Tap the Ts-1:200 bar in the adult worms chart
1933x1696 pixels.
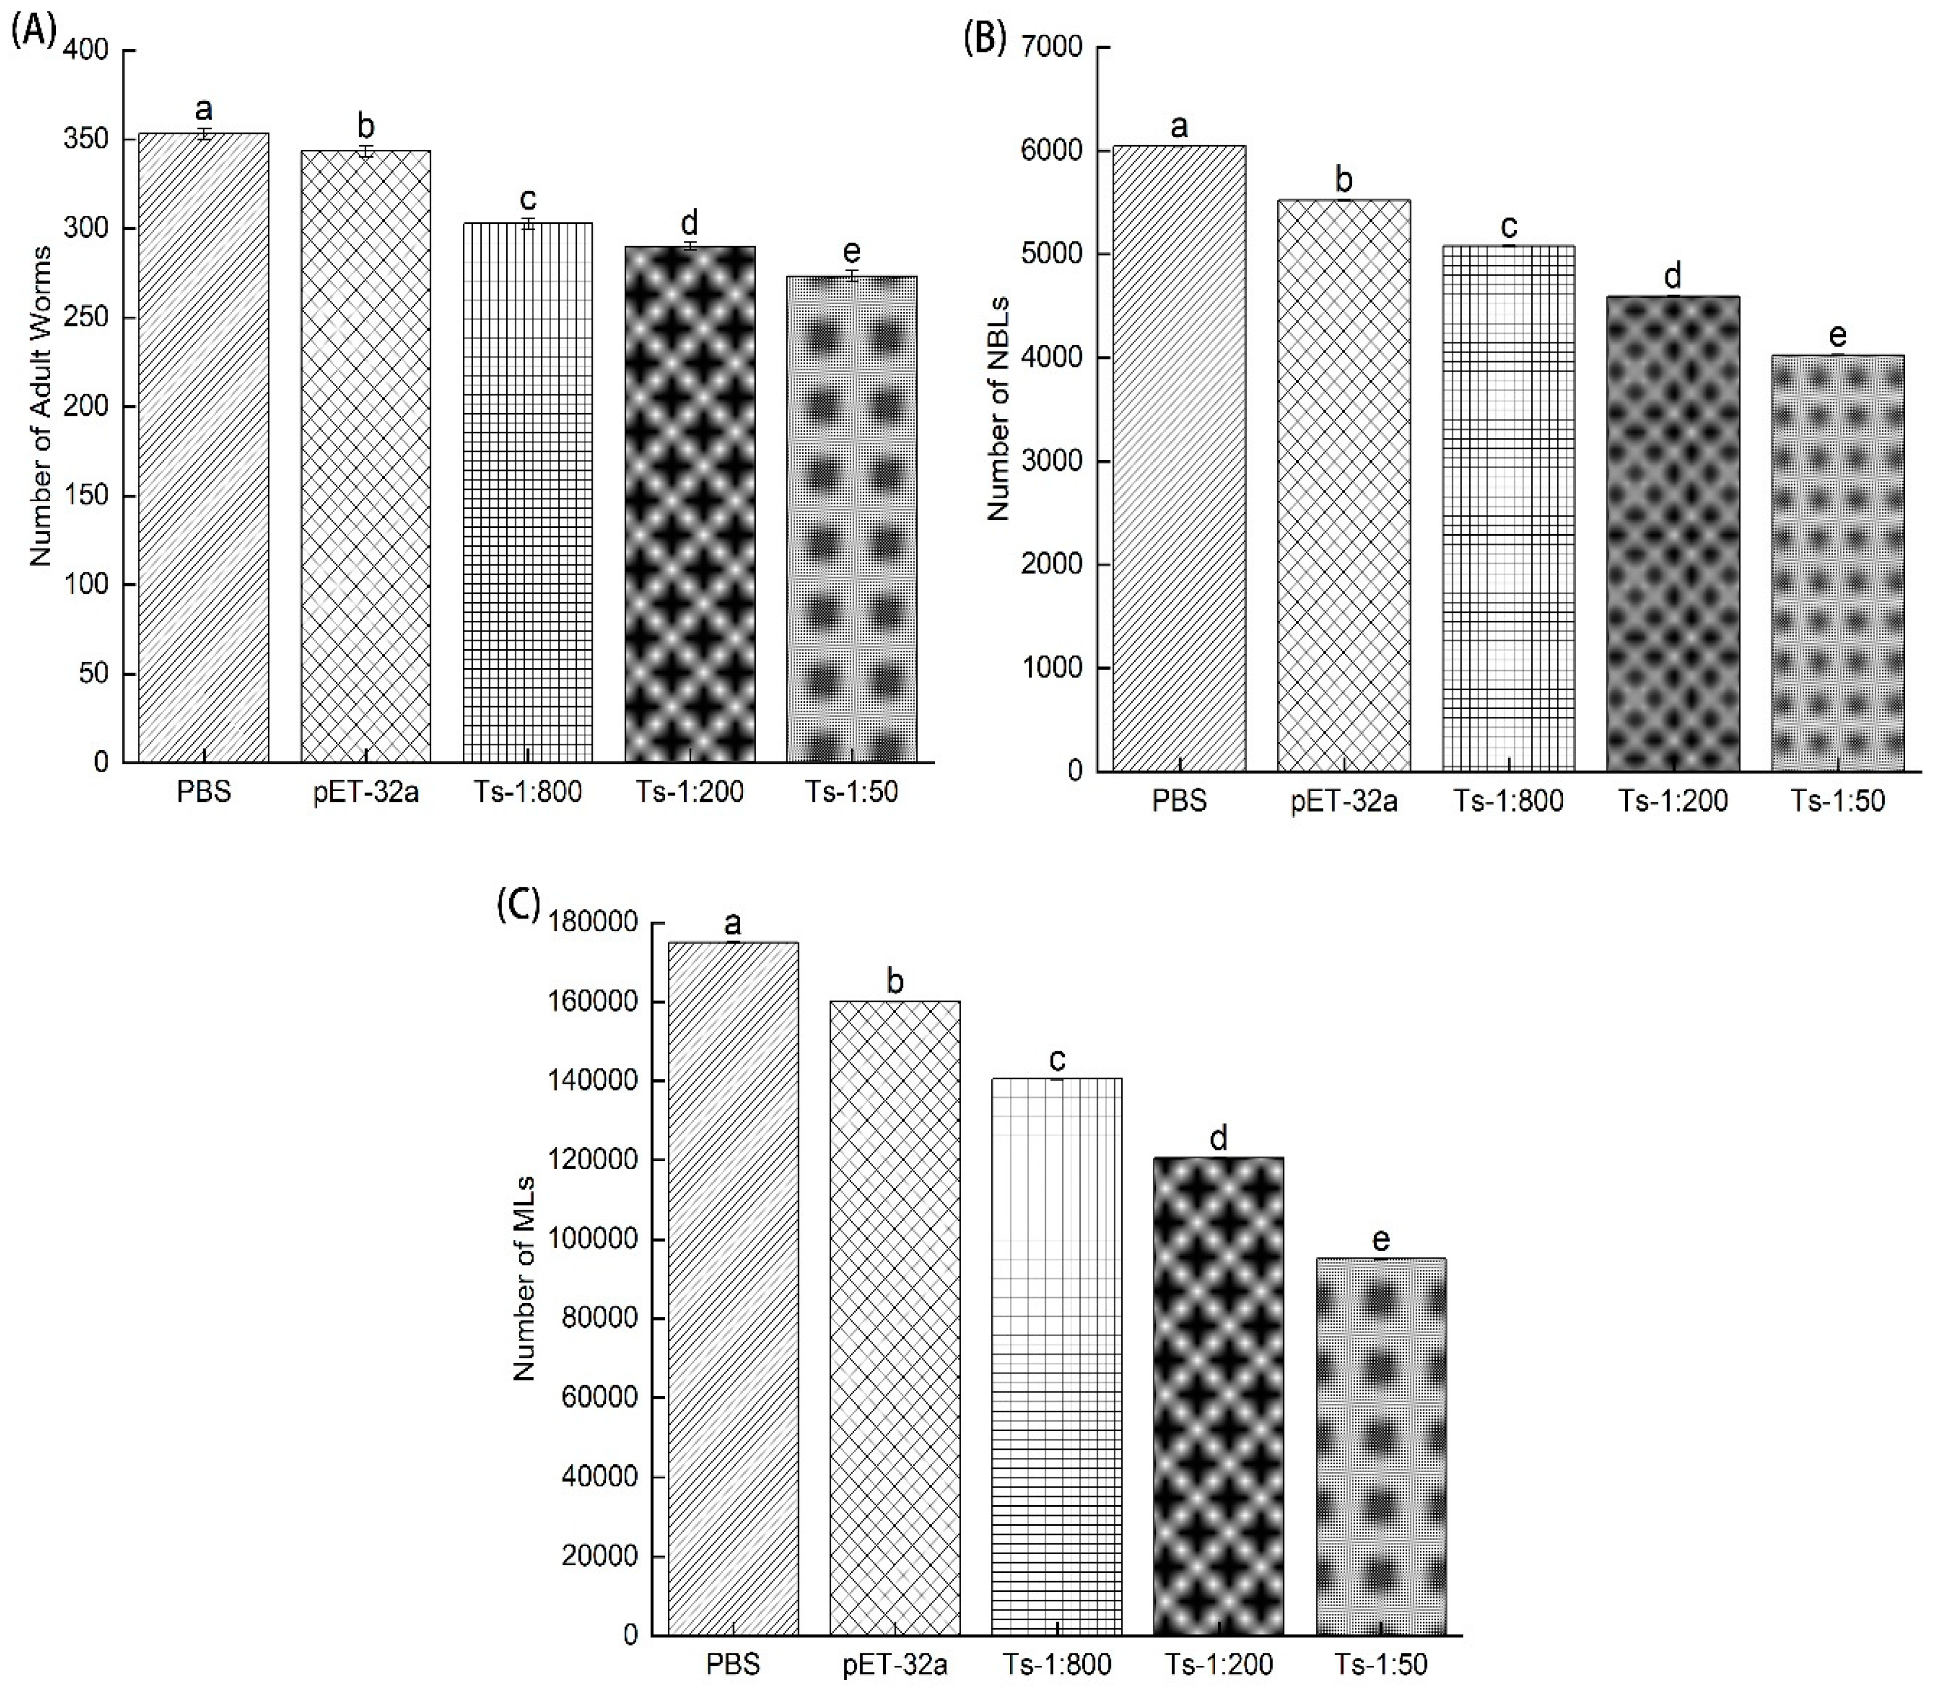(690, 506)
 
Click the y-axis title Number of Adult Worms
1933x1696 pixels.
(40, 407)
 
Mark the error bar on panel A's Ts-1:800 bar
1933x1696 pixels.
(528, 223)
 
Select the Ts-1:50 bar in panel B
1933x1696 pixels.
(1837, 563)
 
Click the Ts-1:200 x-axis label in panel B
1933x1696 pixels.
(1672, 801)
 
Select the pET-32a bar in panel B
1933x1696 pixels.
(1343, 484)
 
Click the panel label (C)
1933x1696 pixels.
(518, 905)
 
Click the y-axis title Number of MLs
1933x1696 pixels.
(525, 1277)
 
